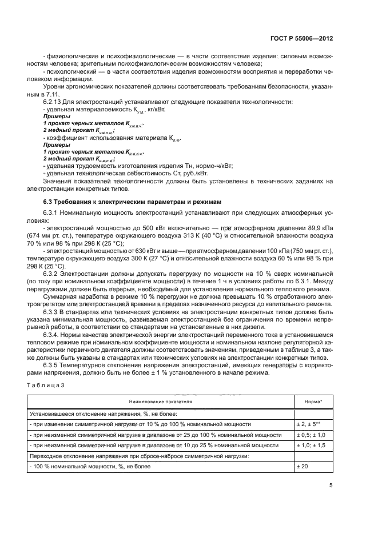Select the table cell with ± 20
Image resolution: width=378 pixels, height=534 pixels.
[x=303, y=467]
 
